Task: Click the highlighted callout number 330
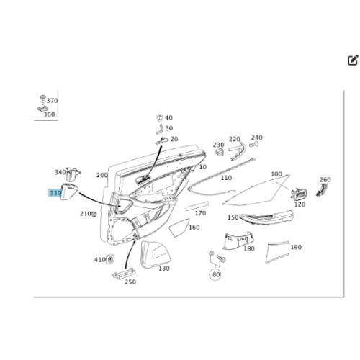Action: [x=55, y=193]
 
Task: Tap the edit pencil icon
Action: [x=353, y=60]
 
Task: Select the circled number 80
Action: [x=216, y=274]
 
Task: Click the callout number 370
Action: [x=53, y=101]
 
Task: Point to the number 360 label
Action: [x=49, y=114]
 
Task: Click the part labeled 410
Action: [x=110, y=259]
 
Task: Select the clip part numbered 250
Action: [x=124, y=274]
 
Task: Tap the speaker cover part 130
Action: [x=156, y=255]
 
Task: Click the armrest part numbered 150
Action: [x=267, y=218]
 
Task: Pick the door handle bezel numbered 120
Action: [x=299, y=194]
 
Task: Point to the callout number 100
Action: [x=276, y=174]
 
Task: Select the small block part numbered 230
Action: [x=220, y=152]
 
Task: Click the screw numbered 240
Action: [x=253, y=145]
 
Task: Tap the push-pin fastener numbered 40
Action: [x=160, y=117]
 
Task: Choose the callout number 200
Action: [x=102, y=175]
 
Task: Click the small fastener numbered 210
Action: [x=94, y=214]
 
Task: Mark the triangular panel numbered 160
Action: [x=179, y=228]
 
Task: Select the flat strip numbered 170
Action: [x=197, y=207]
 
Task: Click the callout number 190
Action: [x=296, y=247]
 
